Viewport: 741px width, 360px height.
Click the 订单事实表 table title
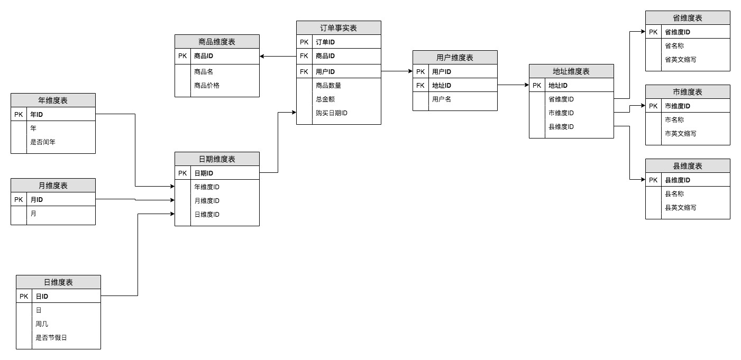(339, 28)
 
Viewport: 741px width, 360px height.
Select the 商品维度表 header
(217, 42)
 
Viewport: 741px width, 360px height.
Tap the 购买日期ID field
(331, 113)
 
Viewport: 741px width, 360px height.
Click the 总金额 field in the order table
(325, 99)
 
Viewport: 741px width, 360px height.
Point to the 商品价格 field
(207, 85)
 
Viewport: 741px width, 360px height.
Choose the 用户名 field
(442, 99)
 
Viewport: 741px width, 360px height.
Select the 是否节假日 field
(51, 337)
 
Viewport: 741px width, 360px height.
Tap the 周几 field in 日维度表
(42, 324)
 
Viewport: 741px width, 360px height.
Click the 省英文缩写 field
(680, 59)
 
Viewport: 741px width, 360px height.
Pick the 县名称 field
(674, 193)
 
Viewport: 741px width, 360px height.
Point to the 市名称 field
(674, 119)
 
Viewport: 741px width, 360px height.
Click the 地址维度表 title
(571, 71)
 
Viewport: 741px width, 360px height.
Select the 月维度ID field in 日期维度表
(207, 200)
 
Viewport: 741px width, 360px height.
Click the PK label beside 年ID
(19, 114)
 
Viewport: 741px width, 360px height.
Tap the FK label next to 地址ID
(420, 85)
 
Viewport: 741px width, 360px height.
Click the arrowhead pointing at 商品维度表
(262, 56)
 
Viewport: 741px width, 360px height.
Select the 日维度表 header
(58, 282)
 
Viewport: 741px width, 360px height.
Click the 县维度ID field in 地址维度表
(561, 126)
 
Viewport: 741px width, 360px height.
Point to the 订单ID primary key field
(325, 42)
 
